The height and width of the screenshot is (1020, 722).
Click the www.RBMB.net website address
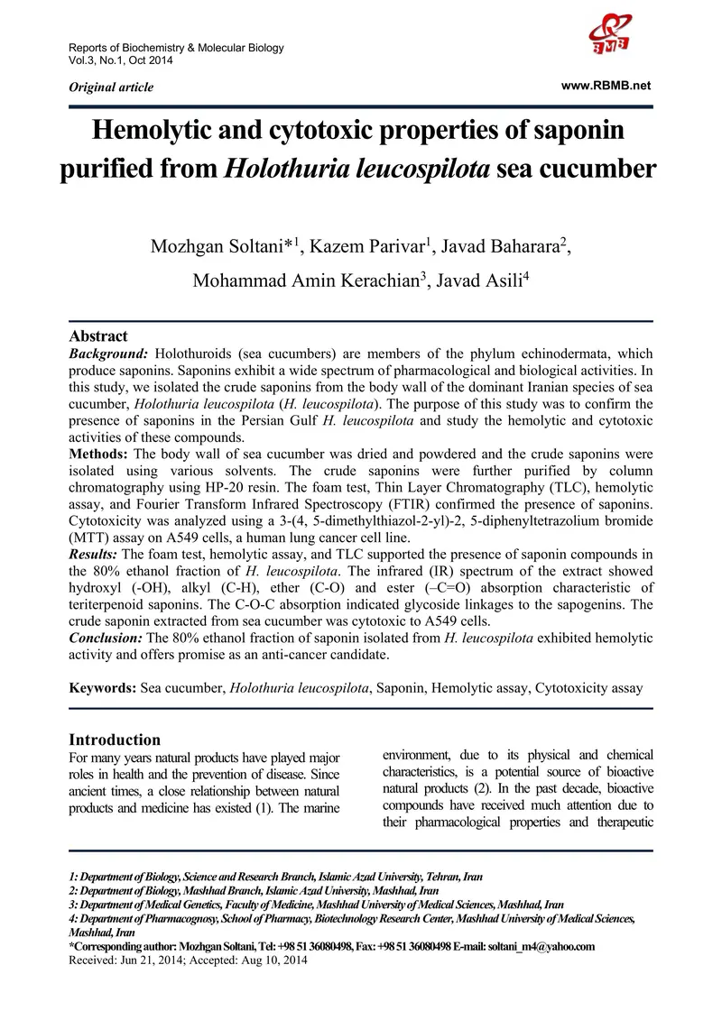606,85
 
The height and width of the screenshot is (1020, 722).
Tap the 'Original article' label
111,87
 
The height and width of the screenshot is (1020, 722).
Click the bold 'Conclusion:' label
110,639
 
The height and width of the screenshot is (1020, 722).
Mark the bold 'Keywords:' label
103,688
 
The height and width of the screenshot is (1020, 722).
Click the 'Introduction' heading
116,740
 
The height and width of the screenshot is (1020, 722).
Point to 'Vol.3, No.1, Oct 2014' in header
121,60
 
